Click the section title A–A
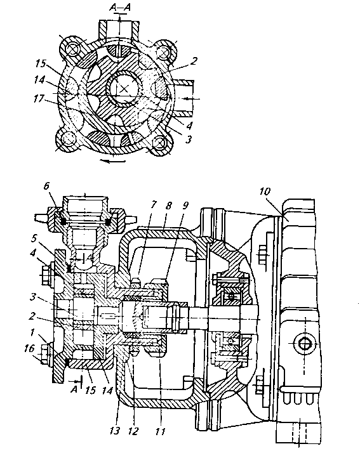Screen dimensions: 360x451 pos(120,8)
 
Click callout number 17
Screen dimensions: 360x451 pos(38,99)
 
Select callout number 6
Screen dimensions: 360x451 pos(46,186)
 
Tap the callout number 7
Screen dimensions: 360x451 pos(153,204)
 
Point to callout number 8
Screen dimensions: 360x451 pos(168,206)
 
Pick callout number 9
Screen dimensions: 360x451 pos(185,206)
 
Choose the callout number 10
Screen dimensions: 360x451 pos(265,192)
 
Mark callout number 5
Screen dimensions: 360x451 pos(34,238)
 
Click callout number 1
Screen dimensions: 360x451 pos(32,332)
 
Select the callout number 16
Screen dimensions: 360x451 pos(29,349)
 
